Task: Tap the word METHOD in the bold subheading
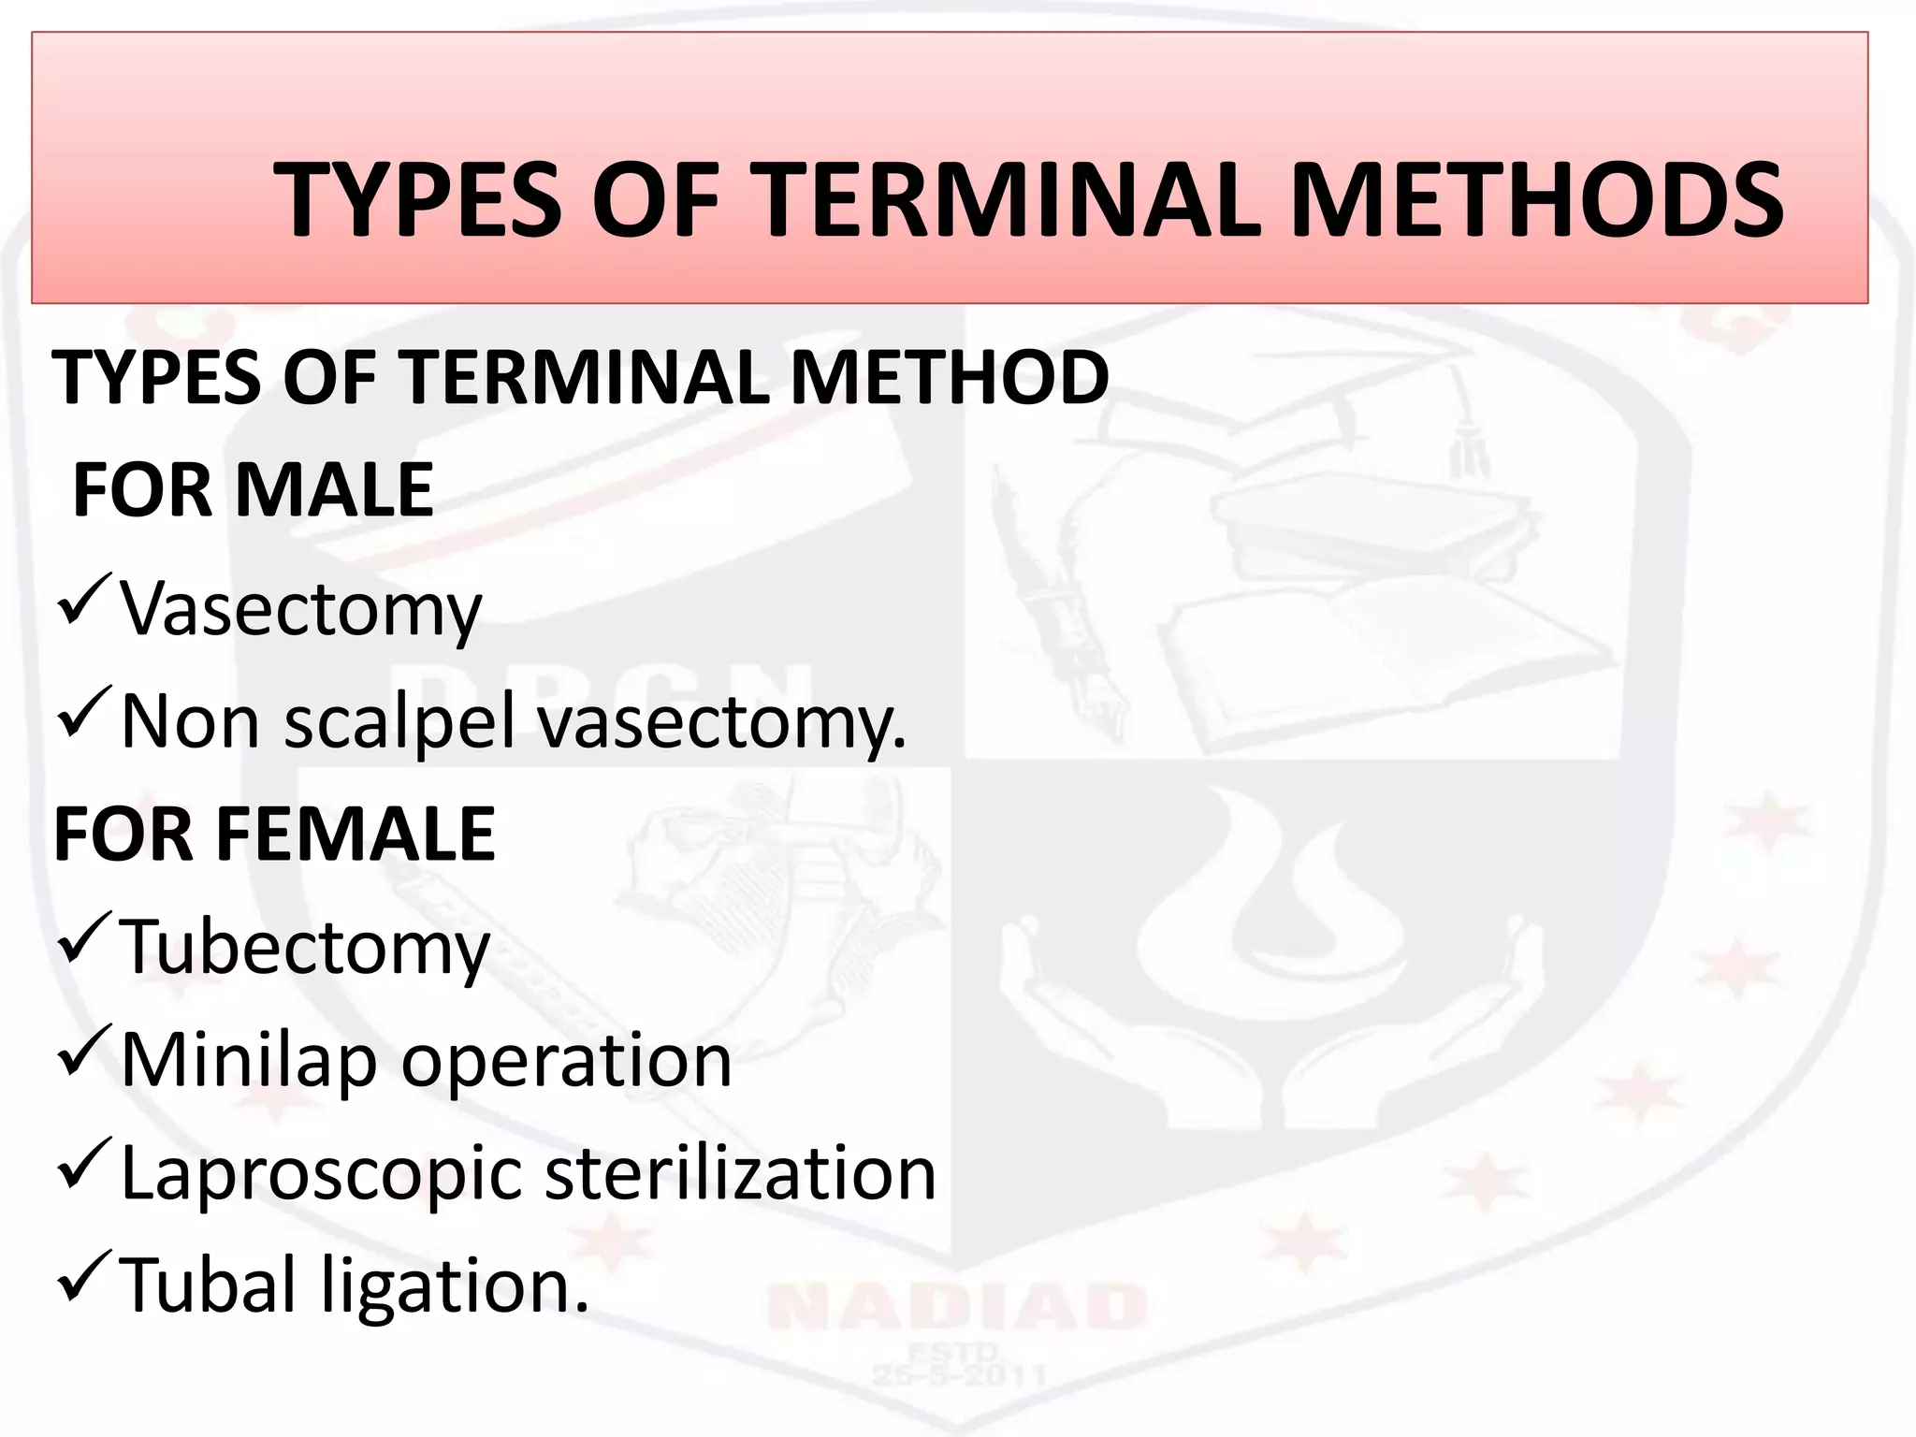click(950, 377)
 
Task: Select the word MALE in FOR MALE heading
click(334, 490)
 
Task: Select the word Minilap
click(248, 1061)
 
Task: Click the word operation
click(566, 1061)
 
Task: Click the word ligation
click(455, 1287)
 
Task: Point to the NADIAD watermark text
click(956, 1307)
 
